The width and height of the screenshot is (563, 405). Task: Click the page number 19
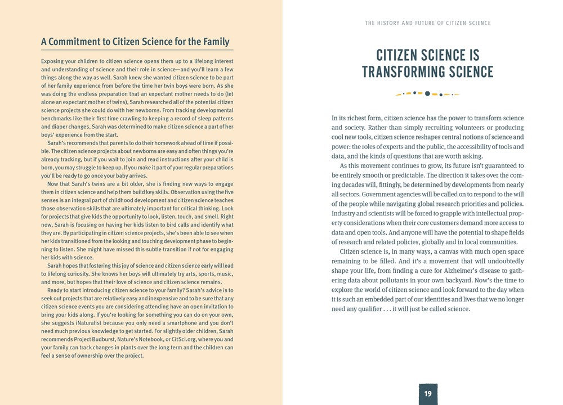(x=428, y=393)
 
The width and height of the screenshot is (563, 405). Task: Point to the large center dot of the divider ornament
(x=427, y=93)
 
